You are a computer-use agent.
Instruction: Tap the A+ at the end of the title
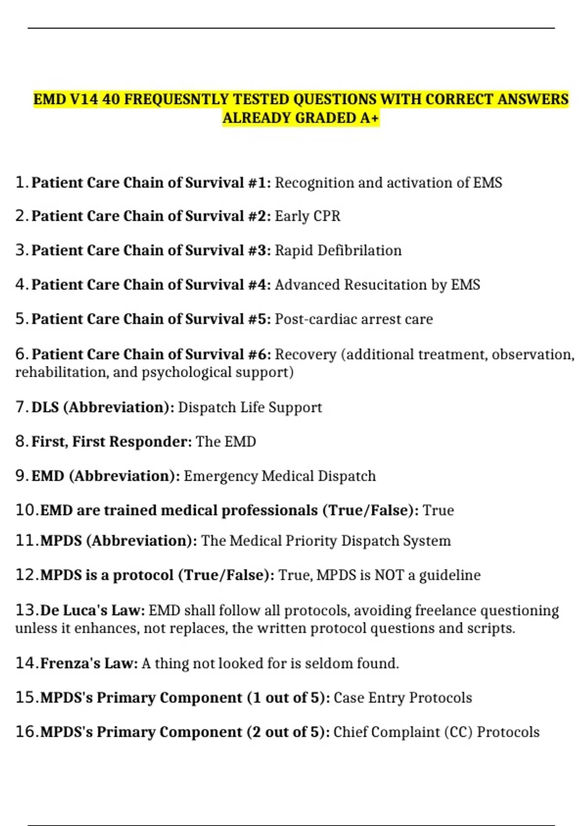tap(369, 118)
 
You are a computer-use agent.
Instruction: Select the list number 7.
tap(21, 407)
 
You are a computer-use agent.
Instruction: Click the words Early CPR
tap(308, 216)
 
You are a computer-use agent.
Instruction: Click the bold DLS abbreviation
tap(45, 407)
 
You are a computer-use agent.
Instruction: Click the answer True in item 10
tap(438, 510)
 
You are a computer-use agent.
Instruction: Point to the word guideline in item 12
tap(449, 575)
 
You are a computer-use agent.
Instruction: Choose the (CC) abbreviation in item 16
tap(458, 732)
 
